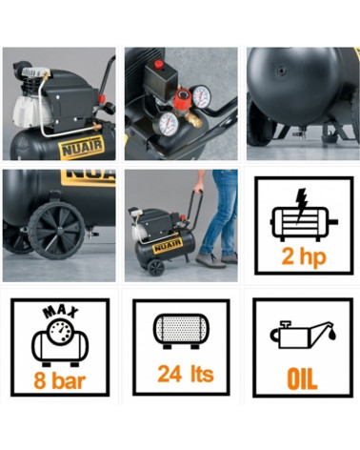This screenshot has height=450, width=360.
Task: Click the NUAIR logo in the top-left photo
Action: pos(82,147)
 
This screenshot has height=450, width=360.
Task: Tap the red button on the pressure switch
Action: pos(159,64)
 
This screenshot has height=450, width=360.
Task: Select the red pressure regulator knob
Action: pos(183,97)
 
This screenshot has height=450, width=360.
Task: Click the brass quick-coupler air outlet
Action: pos(193,120)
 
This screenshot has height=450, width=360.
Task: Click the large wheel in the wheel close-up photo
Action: pos(57,230)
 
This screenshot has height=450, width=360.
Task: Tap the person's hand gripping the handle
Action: pos(198,189)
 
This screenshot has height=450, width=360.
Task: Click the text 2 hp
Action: pos(304,257)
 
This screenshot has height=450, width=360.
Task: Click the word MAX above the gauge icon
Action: pos(61,312)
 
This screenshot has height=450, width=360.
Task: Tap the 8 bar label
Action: pos(60,380)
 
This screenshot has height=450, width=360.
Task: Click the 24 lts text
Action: pos(186,374)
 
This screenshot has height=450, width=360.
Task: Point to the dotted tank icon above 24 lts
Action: pos(181,331)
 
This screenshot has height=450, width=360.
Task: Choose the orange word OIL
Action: pos(302,379)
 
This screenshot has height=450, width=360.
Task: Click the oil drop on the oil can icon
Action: pos(332,334)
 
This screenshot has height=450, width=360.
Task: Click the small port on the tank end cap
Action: pos(282,72)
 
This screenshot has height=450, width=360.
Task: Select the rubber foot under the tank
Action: pos(327,138)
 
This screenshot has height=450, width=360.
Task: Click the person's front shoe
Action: pos(210,260)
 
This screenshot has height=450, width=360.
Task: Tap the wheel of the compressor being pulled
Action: pos(156,268)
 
